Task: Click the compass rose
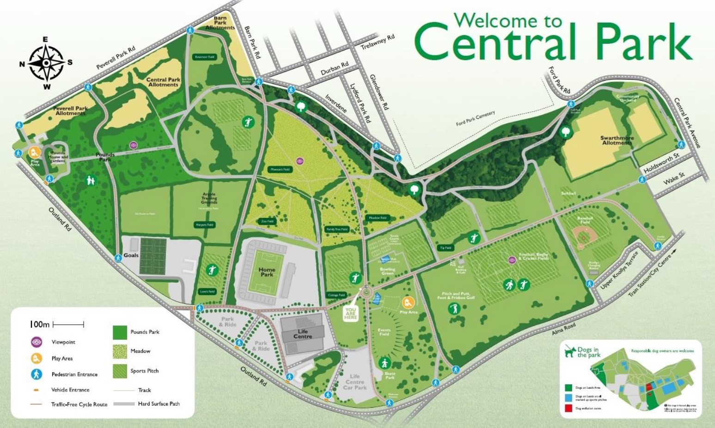[46, 63]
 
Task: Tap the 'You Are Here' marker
[350, 313]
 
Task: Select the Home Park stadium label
[267, 272]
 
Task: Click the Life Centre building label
[303, 334]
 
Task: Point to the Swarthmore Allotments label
[617, 140]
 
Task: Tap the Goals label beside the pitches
[131, 255]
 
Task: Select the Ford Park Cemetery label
[475, 118]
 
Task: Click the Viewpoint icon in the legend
[37, 342]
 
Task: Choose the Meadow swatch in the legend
[120, 351]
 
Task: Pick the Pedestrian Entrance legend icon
[37, 374]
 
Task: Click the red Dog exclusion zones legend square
[568, 408]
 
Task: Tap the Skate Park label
[390, 375]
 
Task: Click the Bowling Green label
[387, 271]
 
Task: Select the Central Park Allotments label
[163, 82]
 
